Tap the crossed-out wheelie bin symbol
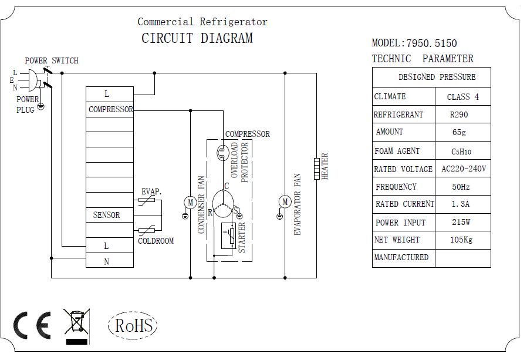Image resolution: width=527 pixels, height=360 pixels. [x=76, y=325]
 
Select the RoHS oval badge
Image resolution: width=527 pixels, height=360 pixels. [x=133, y=325]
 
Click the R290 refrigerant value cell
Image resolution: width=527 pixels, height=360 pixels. [x=462, y=115]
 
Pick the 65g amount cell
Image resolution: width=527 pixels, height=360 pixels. [x=462, y=133]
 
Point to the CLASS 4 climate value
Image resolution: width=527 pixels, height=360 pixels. [x=462, y=97]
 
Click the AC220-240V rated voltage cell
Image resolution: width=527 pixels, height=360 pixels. [x=463, y=169]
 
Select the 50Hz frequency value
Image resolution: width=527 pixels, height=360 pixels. [x=462, y=187]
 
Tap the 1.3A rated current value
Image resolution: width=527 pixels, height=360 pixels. [x=462, y=204]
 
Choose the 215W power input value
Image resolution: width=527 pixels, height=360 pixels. [x=462, y=223]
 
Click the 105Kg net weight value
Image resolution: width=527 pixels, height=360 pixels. [x=462, y=240]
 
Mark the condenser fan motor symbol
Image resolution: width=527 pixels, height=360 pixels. [x=190, y=202]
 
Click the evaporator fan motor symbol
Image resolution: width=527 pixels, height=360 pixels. [x=285, y=202]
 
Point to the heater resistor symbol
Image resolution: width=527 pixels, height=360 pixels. [x=317, y=167]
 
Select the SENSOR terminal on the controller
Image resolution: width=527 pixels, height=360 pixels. [x=106, y=215]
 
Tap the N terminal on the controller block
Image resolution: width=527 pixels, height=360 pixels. [x=106, y=262]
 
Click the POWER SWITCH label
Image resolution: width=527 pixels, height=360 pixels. [x=52, y=60]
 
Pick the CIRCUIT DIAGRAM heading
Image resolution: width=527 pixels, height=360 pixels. [x=197, y=39]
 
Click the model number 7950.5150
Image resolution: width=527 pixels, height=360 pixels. [x=431, y=43]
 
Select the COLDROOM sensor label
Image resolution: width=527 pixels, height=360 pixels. [x=156, y=241]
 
